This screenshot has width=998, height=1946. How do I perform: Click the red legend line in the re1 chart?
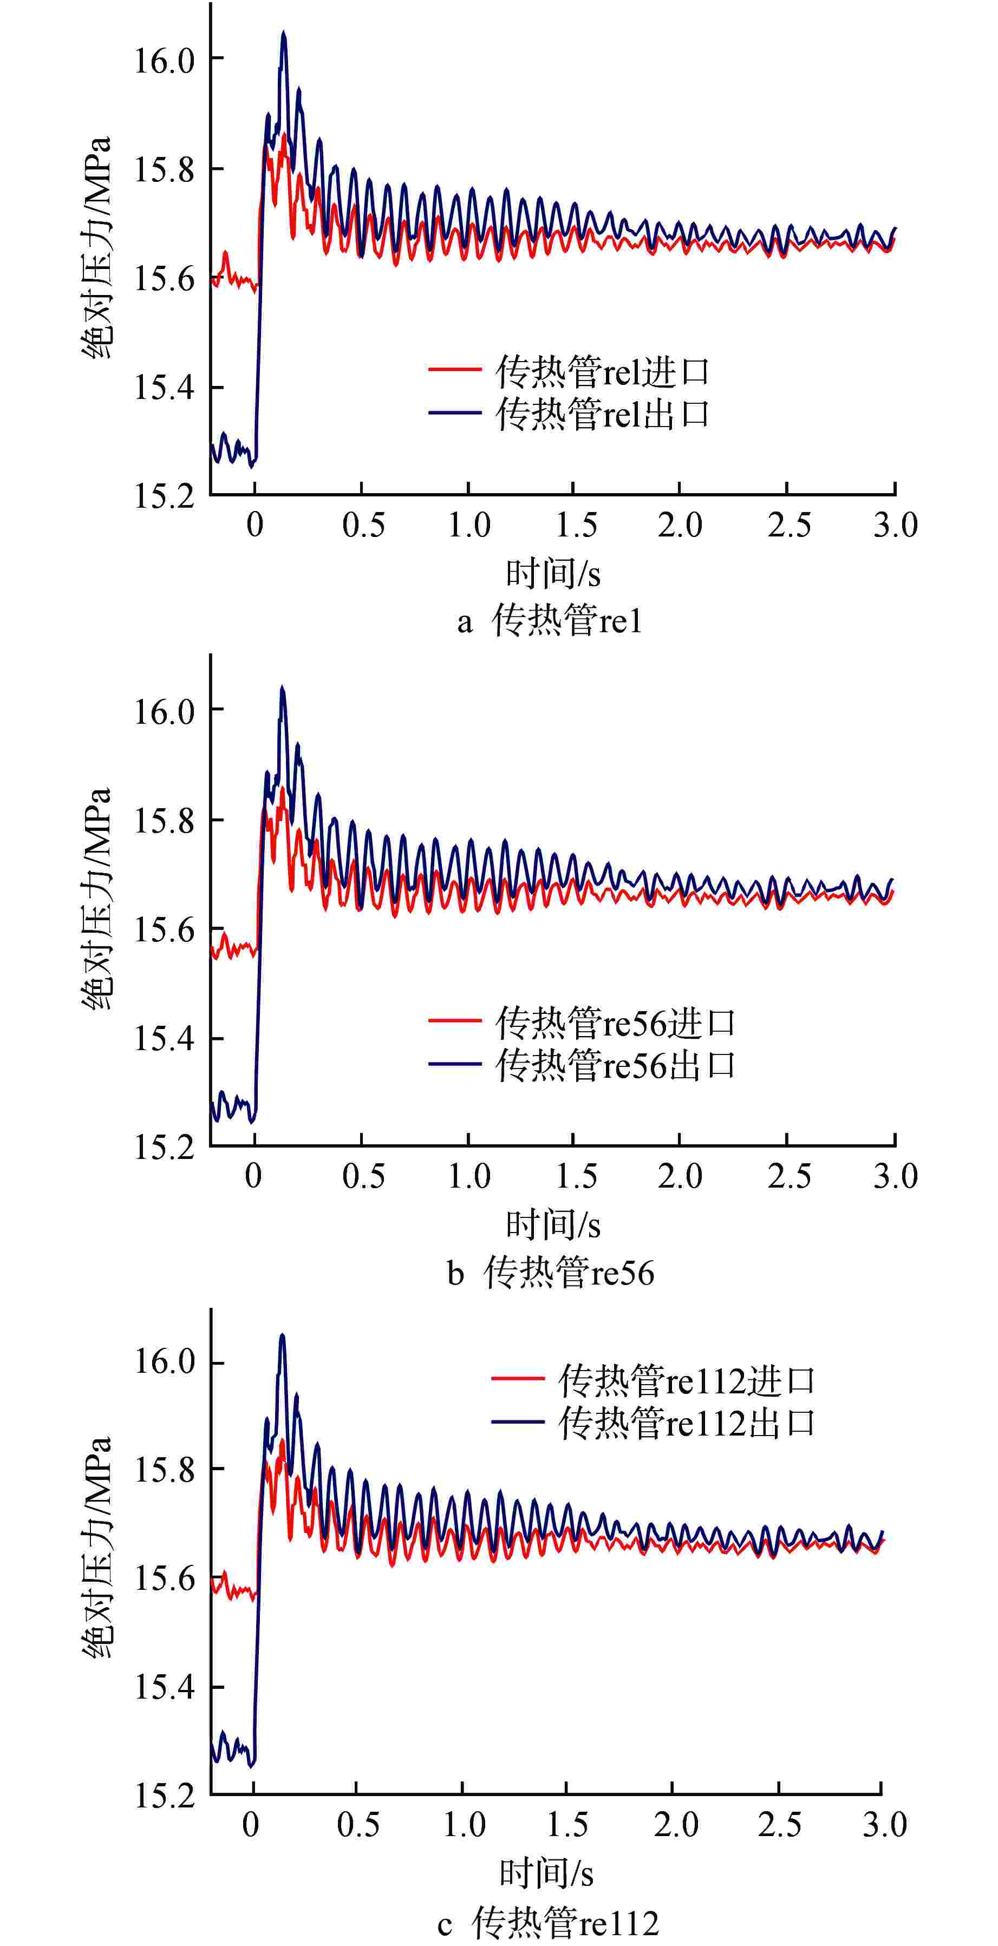[x=455, y=369]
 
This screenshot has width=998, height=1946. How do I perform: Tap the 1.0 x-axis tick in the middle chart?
[x=469, y=1176]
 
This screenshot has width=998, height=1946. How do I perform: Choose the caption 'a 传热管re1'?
[x=549, y=621]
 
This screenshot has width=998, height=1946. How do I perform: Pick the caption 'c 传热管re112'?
[x=547, y=1923]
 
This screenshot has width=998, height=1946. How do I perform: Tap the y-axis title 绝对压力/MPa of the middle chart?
[x=97, y=899]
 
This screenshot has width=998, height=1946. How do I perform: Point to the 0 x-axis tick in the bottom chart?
[x=251, y=1825]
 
